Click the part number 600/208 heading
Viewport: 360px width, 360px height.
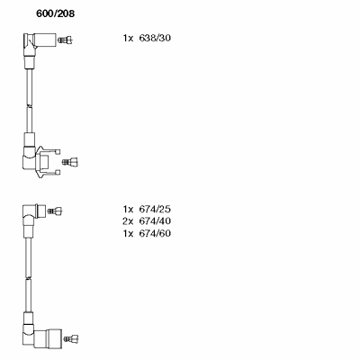tap(55, 13)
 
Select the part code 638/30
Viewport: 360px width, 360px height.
tap(155, 38)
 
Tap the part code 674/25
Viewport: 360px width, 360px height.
tap(155, 209)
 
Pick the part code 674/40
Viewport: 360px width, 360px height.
tap(155, 221)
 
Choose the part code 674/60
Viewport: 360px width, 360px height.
tap(155, 233)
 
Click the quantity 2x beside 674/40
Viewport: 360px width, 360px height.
tap(128, 221)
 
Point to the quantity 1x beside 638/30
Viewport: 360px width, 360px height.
tap(128, 38)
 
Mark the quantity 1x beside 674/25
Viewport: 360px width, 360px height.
tap(128, 209)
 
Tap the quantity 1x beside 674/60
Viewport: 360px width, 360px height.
tap(128, 233)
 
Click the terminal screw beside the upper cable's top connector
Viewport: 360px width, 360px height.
tap(66, 40)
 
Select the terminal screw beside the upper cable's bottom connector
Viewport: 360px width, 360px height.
tap(70, 162)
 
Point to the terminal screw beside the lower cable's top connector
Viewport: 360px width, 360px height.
tap(56, 211)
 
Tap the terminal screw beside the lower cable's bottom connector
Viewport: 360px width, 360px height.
tap(71, 338)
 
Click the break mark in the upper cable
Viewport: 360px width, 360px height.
tap(29, 106)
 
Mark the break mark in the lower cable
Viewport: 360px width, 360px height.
tap(28, 278)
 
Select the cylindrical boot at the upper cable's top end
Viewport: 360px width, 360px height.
tap(45, 40)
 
